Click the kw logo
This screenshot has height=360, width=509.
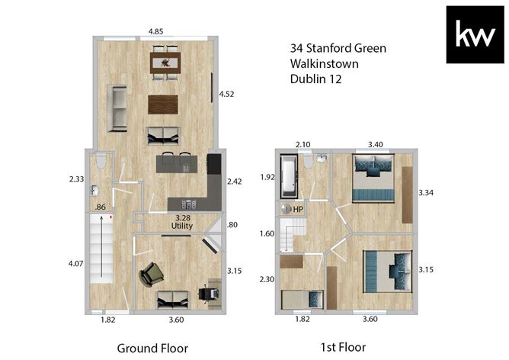[475, 34]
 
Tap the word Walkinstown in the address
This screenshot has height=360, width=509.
[325, 63]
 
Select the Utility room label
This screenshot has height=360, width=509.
[182, 226]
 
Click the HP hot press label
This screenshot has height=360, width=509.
[298, 209]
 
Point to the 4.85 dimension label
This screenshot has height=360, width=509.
[155, 31]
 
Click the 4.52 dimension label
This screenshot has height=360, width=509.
[226, 95]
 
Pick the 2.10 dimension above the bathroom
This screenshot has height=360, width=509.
[303, 145]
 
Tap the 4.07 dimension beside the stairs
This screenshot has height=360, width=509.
[75, 263]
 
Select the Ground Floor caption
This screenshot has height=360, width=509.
[152, 349]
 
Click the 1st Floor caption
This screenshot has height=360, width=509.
[343, 347]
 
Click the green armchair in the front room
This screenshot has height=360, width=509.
[152, 275]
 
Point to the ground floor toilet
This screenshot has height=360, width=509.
[101, 161]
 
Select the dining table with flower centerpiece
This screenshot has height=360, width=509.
[165, 63]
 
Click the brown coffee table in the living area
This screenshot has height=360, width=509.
[163, 104]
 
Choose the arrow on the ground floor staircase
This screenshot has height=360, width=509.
[101, 246]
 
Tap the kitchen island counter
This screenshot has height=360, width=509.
[177, 164]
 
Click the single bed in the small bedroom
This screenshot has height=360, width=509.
[302, 299]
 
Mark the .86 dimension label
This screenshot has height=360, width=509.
[101, 207]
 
